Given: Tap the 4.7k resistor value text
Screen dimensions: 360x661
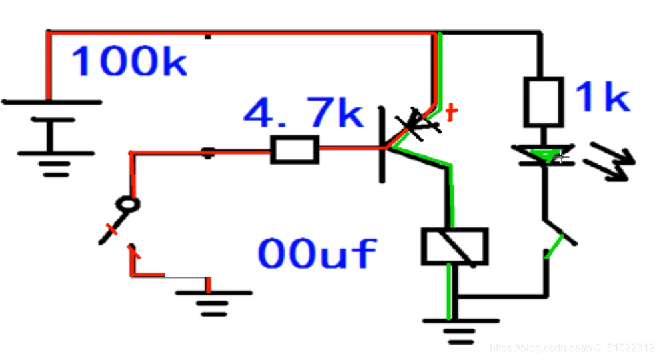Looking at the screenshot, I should [x=303, y=114].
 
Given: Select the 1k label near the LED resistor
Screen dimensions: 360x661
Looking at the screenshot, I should [x=602, y=98].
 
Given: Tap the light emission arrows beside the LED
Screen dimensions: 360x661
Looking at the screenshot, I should [x=609, y=164].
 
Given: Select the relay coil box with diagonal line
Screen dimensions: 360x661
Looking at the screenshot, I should [x=454, y=246].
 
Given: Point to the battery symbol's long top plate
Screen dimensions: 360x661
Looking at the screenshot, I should [x=52, y=102].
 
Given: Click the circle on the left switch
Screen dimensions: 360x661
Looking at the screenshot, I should [x=132, y=205].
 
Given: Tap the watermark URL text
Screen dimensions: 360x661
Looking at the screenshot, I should [x=572, y=348].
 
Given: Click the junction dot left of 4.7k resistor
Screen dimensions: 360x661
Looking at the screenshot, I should [x=209, y=153].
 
